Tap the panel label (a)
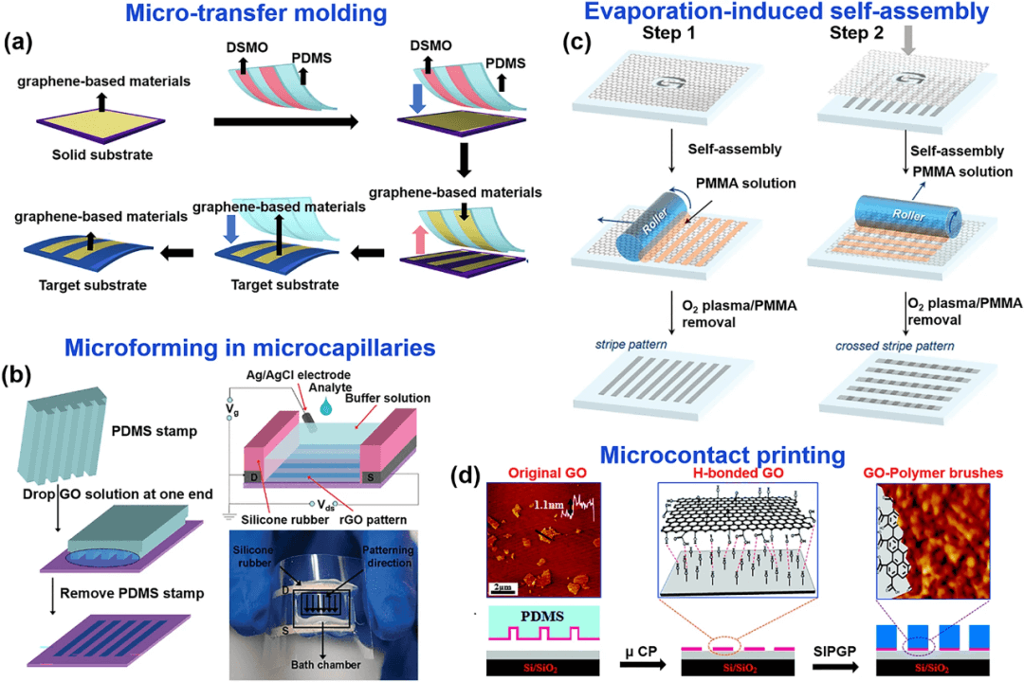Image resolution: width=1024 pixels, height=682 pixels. click(x=20, y=43)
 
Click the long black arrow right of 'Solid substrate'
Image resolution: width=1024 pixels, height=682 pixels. click(x=285, y=121)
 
